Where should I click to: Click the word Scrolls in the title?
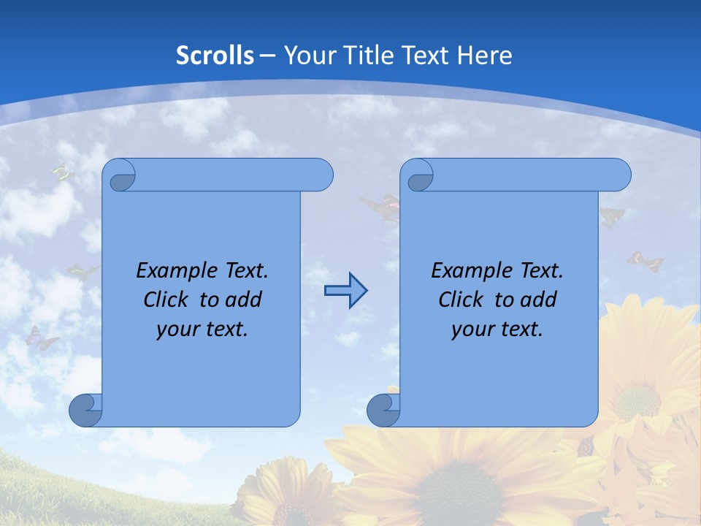(x=215, y=56)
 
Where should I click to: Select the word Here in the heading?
(x=485, y=56)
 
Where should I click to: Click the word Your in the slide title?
(x=307, y=56)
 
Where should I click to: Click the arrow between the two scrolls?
(x=345, y=291)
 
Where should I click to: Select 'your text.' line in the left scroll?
(x=202, y=329)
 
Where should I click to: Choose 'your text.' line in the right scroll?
(x=497, y=329)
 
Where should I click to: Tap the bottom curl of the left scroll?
(x=86, y=409)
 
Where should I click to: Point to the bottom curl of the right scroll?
(x=383, y=409)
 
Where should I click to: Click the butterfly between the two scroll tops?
(x=381, y=207)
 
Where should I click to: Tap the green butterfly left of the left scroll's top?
(x=62, y=172)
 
